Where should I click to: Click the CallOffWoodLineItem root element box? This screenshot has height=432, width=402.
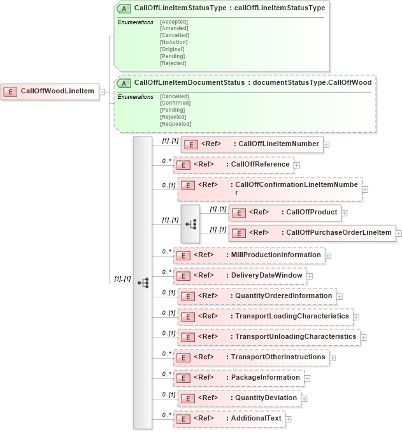[x=49, y=91]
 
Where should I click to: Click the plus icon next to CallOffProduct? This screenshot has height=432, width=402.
[x=344, y=213]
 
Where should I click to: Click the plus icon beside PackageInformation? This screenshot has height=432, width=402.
[x=307, y=378]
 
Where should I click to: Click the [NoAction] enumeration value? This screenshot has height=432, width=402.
[x=173, y=42]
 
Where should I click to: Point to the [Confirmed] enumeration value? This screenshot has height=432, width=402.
[x=175, y=103]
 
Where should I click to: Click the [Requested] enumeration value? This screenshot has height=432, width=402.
[x=175, y=124]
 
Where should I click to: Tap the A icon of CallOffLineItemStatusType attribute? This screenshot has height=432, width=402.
[x=125, y=8]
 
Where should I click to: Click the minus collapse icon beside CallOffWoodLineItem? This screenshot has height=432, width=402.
[x=102, y=92]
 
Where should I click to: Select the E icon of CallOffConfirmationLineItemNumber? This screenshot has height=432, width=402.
[x=187, y=186]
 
